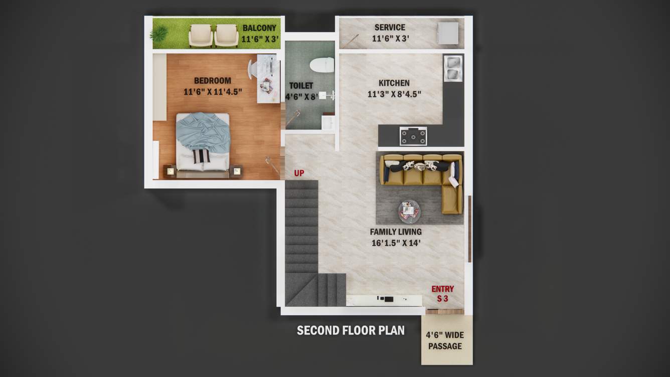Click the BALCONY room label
(259, 28)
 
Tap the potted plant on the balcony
(159, 34)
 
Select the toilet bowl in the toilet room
(321, 65)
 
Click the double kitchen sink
(453, 68)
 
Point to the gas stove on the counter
(413, 135)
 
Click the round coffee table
(410, 211)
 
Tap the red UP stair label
(299, 173)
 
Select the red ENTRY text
(442, 289)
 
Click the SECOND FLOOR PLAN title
(351, 330)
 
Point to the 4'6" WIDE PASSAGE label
(445, 340)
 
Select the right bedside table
(236, 171)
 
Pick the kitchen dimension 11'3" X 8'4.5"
(394, 94)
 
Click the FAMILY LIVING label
(396, 232)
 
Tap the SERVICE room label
(390, 28)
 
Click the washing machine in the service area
(448, 33)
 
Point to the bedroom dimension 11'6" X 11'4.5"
(213, 92)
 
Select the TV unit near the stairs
(384, 299)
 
